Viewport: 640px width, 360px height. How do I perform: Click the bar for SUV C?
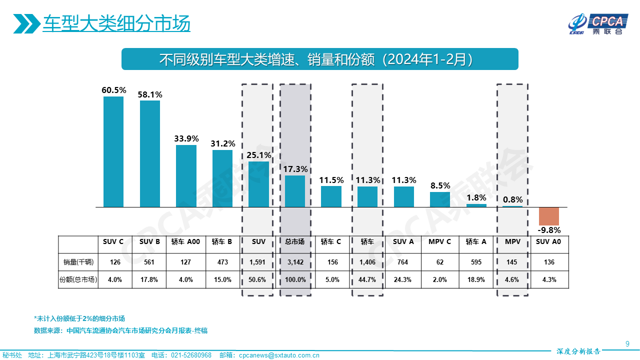113,151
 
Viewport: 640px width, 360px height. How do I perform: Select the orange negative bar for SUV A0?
548,216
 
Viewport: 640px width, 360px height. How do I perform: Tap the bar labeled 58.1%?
150,153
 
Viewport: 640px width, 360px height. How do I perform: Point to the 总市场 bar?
295,191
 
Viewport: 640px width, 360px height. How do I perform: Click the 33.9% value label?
186,138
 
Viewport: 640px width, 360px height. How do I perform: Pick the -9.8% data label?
549,230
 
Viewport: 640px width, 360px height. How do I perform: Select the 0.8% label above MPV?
513,199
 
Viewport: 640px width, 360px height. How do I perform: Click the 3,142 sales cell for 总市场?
295,262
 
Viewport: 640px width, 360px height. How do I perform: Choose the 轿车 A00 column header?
185,241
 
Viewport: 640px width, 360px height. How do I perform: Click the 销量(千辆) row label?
77,262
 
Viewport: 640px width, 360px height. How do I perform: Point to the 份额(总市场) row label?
77,279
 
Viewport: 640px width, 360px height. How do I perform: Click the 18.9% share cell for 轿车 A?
475,279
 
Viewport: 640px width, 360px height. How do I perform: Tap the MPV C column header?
439,241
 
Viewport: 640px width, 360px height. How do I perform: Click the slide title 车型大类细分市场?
116,23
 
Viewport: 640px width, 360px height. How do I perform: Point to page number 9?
627,343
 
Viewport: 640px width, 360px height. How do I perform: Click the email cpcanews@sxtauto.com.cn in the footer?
278,355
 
